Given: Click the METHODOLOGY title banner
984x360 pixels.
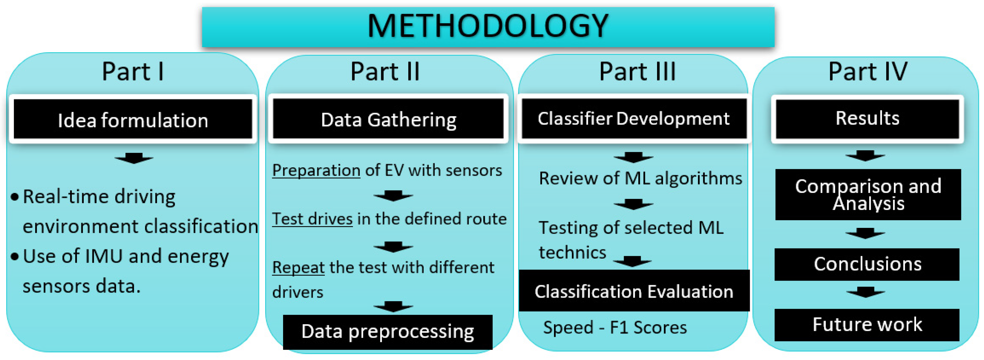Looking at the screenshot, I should click(x=488, y=27).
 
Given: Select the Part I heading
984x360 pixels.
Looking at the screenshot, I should click(x=133, y=72).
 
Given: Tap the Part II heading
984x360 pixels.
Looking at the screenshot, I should click(x=385, y=72).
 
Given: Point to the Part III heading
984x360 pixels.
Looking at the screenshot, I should click(x=637, y=72).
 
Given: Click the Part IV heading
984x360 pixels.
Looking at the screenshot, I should click(x=867, y=72).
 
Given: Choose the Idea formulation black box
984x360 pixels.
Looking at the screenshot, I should click(x=133, y=119).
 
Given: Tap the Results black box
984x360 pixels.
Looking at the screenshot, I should click(x=867, y=118).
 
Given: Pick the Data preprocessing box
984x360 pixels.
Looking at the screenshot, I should click(x=387, y=332).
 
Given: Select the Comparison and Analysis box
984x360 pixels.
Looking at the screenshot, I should click(x=868, y=194).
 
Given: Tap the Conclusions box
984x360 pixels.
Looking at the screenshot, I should click(x=867, y=264).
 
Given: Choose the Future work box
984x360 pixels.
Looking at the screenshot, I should click(x=867, y=325).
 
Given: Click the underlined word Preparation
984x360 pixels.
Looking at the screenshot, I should click(x=316, y=170).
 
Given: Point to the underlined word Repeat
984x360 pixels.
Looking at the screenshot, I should click(x=298, y=268).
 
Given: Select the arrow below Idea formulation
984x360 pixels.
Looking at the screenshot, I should click(x=134, y=158).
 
